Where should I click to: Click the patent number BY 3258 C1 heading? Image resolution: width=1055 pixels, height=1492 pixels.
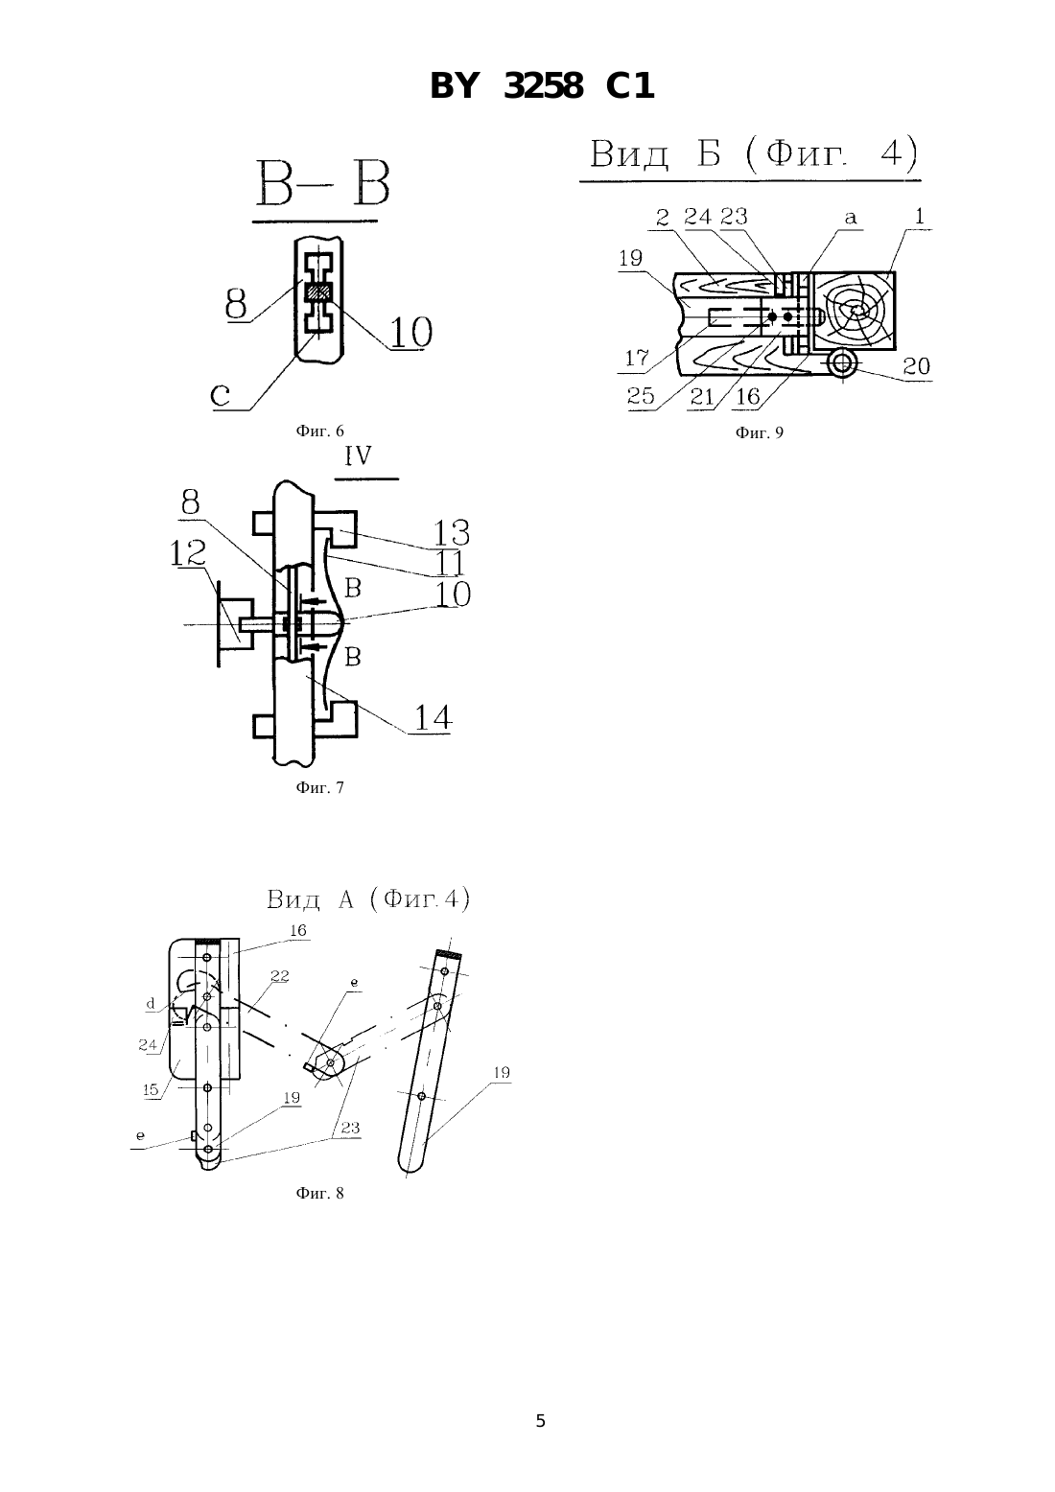coord(542,86)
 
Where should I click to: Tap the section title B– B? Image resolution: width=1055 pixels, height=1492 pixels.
coord(322,183)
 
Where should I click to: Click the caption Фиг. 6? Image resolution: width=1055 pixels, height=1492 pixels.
coord(319,431)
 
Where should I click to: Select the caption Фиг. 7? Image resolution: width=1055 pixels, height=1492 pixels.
coord(319,787)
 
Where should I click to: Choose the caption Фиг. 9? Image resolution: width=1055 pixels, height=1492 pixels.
coord(760,433)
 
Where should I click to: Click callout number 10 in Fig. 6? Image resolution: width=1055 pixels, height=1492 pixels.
coord(410,332)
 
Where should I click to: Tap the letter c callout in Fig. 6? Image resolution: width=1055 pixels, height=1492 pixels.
coord(221,396)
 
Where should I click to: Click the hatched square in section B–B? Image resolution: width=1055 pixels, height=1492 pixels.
coord(318,292)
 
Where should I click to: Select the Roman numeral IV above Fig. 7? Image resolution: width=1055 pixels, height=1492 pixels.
coord(358,456)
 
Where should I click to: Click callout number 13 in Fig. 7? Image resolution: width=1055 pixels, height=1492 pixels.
coord(452,533)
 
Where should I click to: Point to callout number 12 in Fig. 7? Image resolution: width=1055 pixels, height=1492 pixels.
coord(188,553)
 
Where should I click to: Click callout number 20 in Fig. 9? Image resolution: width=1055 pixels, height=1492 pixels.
coord(917,365)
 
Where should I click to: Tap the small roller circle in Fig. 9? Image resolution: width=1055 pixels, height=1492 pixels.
coord(842,363)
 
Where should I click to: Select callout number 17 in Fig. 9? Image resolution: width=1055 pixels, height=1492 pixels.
coord(637,358)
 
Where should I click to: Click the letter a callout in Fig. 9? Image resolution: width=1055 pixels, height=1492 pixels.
coord(850,218)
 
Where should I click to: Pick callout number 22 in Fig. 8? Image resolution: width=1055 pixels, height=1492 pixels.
coord(280,976)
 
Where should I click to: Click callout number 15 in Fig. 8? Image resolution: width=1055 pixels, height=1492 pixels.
coord(152,1089)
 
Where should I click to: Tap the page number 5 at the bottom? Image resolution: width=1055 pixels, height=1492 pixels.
coord(541,1421)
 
